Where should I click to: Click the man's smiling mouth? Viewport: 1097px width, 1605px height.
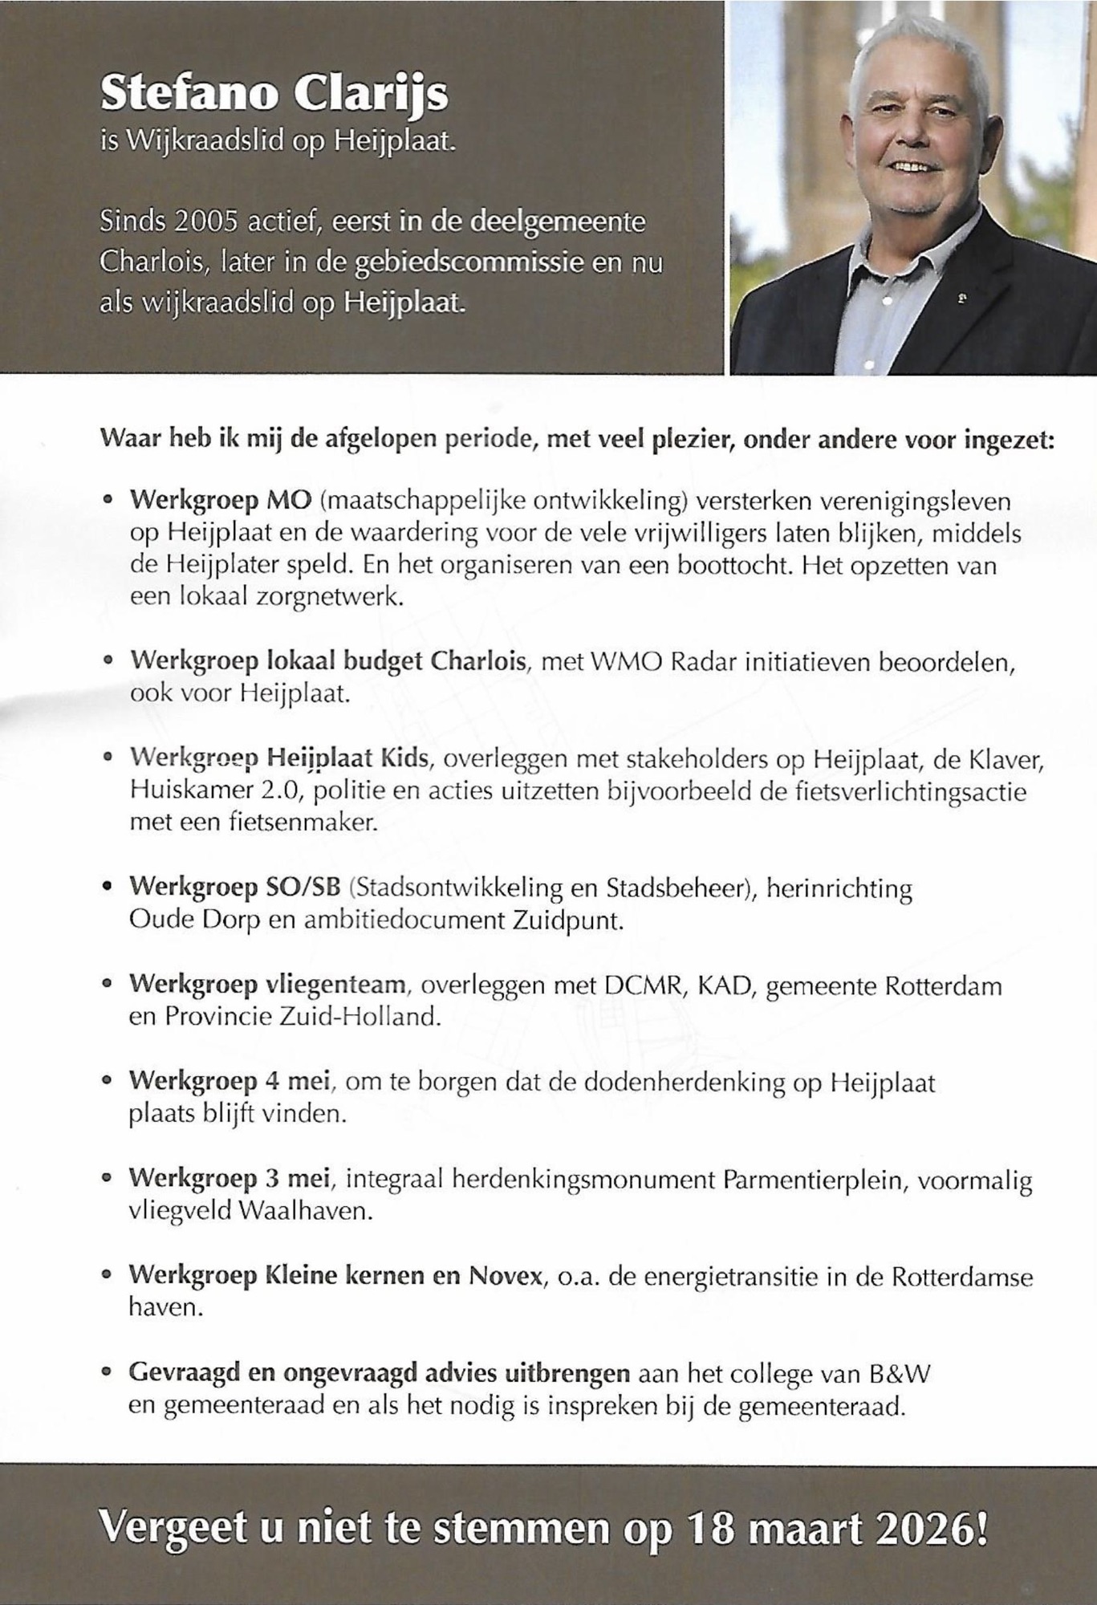click(x=916, y=168)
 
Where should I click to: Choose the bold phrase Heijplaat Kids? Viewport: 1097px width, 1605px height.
click(x=347, y=758)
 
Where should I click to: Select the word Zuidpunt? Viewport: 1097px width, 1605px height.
click(x=567, y=920)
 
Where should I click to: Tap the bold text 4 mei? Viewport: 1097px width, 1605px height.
click(x=298, y=1082)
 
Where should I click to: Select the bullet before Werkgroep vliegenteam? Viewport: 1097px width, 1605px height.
click(x=108, y=985)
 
